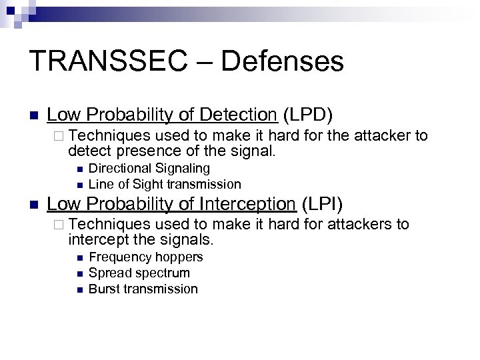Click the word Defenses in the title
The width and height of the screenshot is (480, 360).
[282, 61]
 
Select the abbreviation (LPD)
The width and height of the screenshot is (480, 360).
[308, 115]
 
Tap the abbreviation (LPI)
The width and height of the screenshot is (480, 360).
[323, 204]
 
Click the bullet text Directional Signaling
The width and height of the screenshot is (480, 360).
[149, 169]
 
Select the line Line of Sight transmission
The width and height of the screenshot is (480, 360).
[165, 184]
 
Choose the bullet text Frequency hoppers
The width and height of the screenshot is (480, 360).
[145, 257]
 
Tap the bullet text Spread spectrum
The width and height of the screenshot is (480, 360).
[139, 273]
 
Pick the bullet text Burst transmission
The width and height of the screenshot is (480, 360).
[143, 289]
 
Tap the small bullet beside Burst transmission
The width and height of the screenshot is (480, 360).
[79, 289]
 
